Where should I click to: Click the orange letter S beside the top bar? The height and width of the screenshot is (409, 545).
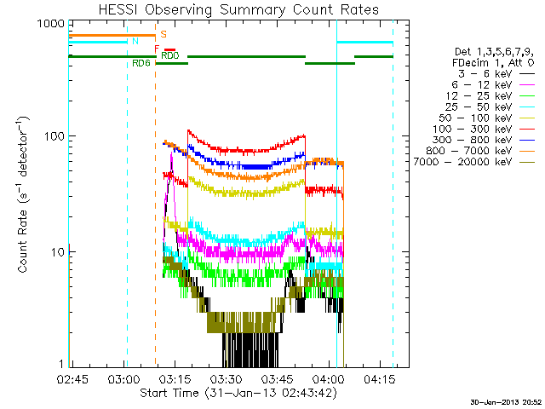pos(163,34)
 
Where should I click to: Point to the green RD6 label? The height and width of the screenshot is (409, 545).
pos(141,64)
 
